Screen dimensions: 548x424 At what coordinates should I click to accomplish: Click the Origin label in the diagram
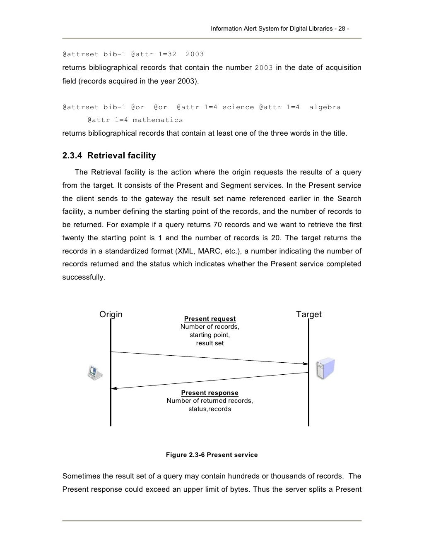tap(111, 314)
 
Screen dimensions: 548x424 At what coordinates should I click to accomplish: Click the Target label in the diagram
tap(308, 314)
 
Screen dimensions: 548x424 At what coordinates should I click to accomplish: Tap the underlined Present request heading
tap(210, 319)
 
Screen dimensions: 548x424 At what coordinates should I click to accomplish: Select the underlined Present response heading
tap(210, 393)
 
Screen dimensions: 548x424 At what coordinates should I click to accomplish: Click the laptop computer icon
tap(94, 373)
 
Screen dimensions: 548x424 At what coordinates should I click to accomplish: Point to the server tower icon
tap(325, 369)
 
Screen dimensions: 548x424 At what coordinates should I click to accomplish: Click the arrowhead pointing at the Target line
tap(306, 364)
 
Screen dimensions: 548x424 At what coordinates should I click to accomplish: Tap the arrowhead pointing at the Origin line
tap(114, 388)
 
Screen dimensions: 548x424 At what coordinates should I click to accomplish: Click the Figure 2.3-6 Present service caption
tap(212, 455)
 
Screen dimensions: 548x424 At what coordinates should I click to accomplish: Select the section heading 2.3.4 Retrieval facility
tap(109, 156)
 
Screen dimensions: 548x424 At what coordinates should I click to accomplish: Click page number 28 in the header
tap(342, 29)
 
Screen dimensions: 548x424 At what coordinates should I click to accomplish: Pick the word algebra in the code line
tap(325, 108)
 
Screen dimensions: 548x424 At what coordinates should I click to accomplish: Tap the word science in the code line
tap(238, 108)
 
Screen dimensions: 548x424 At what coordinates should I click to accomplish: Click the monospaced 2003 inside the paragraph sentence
tap(263, 68)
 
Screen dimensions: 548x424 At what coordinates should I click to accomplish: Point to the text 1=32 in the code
tap(168, 54)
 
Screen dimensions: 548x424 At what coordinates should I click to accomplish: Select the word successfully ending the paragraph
tap(84, 277)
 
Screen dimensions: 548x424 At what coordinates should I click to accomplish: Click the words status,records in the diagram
tap(210, 409)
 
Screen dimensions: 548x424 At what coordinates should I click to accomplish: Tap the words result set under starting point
tap(210, 343)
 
